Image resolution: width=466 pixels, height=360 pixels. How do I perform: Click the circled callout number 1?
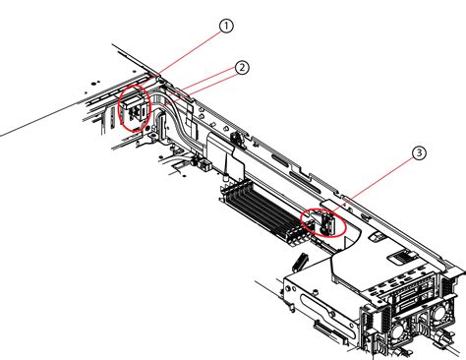[226, 26]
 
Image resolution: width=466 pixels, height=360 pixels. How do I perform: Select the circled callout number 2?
[242, 68]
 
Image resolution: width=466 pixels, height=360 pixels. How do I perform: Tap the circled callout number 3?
[419, 153]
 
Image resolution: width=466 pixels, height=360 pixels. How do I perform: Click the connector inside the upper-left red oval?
[135, 109]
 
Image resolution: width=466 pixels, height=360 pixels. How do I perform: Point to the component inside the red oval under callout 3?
[327, 223]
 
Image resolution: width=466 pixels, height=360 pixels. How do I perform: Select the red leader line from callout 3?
[372, 185]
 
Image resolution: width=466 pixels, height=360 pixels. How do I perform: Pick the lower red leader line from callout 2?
[201, 90]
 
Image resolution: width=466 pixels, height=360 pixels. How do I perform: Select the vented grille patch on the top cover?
[400, 257]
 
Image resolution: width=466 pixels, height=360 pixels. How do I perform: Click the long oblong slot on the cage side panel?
[326, 315]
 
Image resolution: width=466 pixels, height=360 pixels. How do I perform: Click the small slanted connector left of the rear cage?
[300, 262]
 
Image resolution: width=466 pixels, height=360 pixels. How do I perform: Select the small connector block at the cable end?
[205, 164]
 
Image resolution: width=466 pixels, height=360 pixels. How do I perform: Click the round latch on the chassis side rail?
[238, 137]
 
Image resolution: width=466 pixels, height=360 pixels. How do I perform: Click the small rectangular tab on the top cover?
[377, 236]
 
